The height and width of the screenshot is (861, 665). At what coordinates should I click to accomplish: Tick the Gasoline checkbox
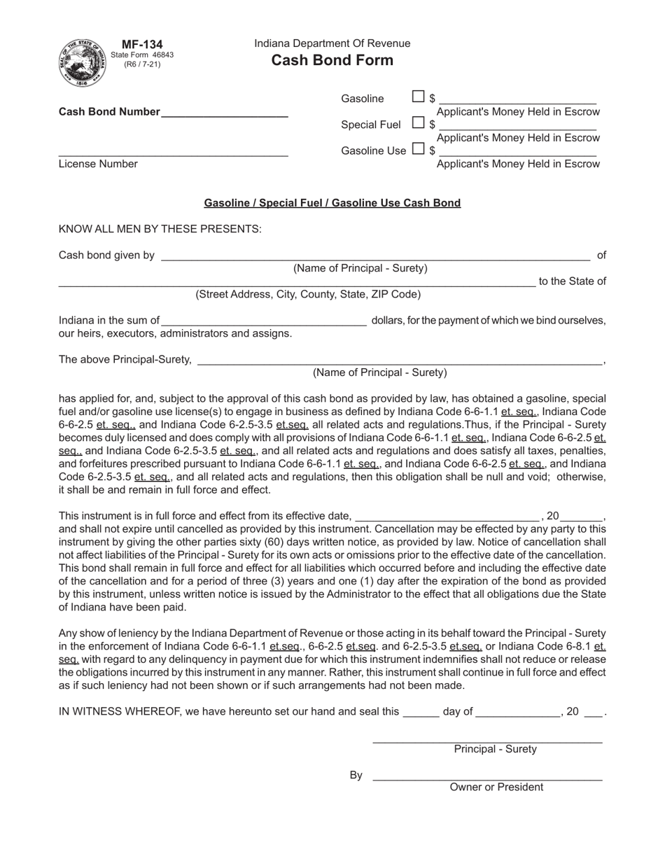[418, 97]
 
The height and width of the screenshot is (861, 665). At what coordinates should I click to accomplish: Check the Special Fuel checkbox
[418, 122]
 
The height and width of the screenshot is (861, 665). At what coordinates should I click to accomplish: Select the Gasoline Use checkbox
[418, 148]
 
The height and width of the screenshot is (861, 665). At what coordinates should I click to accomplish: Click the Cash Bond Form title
[332, 60]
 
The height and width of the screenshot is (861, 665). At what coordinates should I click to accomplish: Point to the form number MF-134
[142, 45]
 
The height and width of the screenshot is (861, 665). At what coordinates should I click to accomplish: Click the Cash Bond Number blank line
[225, 113]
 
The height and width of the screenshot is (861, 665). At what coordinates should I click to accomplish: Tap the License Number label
[98, 164]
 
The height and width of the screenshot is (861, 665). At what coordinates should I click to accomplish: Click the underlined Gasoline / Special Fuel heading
[332, 203]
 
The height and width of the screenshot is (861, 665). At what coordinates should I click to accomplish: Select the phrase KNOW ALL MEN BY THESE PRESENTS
[160, 229]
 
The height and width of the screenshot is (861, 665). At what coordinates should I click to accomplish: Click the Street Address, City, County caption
[308, 294]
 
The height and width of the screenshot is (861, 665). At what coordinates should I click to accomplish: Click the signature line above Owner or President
[487, 778]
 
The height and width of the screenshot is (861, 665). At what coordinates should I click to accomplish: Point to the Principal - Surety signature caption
[495, 749]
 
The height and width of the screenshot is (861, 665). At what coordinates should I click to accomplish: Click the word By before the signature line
[356, 775]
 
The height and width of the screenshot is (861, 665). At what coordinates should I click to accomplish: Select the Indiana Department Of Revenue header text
[332, 43]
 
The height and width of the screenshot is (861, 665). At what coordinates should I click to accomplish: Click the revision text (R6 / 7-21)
[142, 64]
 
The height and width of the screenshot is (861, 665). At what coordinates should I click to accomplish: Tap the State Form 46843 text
[142, 55]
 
